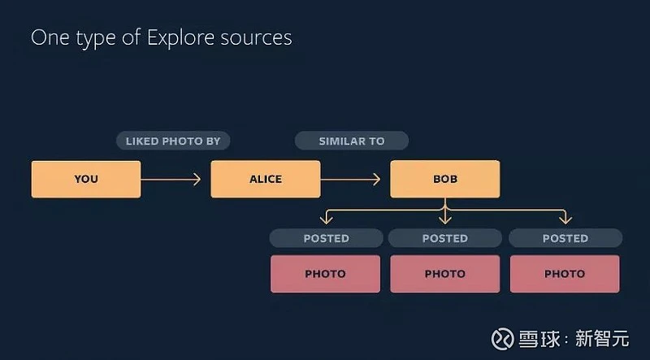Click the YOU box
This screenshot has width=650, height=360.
86,179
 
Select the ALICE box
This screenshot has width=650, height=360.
266,179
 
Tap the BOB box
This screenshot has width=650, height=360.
444,179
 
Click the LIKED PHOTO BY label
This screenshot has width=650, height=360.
173,141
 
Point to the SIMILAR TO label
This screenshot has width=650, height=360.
352,141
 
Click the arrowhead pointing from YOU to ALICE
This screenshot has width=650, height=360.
197,179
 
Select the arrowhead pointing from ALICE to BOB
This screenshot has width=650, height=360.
376,179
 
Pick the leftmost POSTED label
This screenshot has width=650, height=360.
327,238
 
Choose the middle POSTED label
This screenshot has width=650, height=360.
444,238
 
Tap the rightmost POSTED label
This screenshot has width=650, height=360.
565,238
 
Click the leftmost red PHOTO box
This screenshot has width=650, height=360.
326,274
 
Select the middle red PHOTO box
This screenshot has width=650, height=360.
444,274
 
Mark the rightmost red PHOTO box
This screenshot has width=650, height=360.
565,274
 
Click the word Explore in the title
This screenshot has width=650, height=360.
181,38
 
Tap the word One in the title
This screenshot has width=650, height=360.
50,37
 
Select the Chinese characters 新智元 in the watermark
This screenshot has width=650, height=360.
602,339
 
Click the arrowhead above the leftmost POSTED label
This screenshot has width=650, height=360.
327,219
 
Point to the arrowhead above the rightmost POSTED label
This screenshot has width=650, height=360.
565,219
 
